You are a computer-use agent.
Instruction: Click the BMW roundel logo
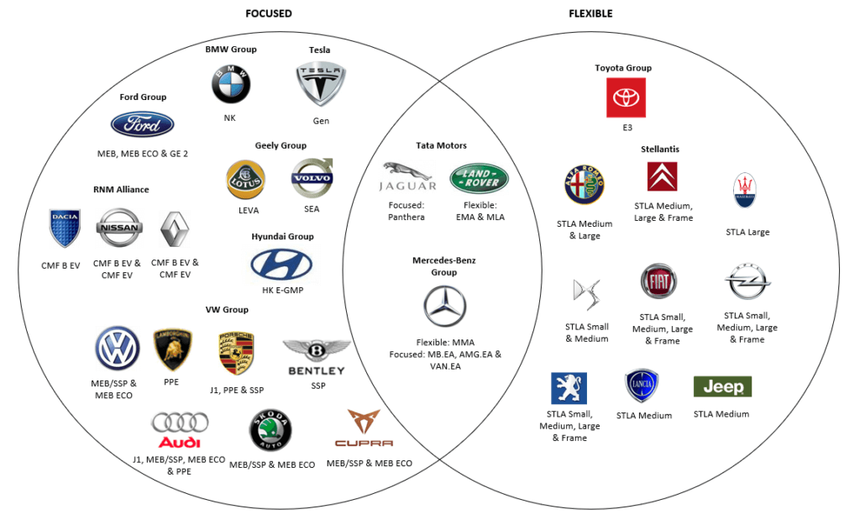click(230, 85)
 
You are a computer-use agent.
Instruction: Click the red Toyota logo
click(626, 97)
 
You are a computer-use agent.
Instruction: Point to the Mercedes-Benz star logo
click(444, 307)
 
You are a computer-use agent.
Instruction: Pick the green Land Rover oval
click(480, 178)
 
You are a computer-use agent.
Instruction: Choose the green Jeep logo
click(722, 386)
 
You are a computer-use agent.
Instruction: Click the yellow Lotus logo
click(246, 180)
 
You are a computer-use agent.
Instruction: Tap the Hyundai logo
click(281, 265)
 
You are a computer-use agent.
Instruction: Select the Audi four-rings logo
click(181, 428)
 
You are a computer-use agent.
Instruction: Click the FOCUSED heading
click(269, 13)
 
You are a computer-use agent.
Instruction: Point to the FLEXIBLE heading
click(590, 13)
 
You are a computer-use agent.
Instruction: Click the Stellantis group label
click(658, 149)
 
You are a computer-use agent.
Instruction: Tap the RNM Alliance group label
click(121, 189)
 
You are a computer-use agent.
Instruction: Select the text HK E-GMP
click(283, 291)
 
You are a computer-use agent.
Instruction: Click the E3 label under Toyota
click(627, 128)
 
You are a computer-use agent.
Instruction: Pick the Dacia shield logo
click(65, 228)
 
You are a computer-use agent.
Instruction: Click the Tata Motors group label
click(441, 145)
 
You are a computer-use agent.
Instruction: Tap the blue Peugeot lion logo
click(569, 389)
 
